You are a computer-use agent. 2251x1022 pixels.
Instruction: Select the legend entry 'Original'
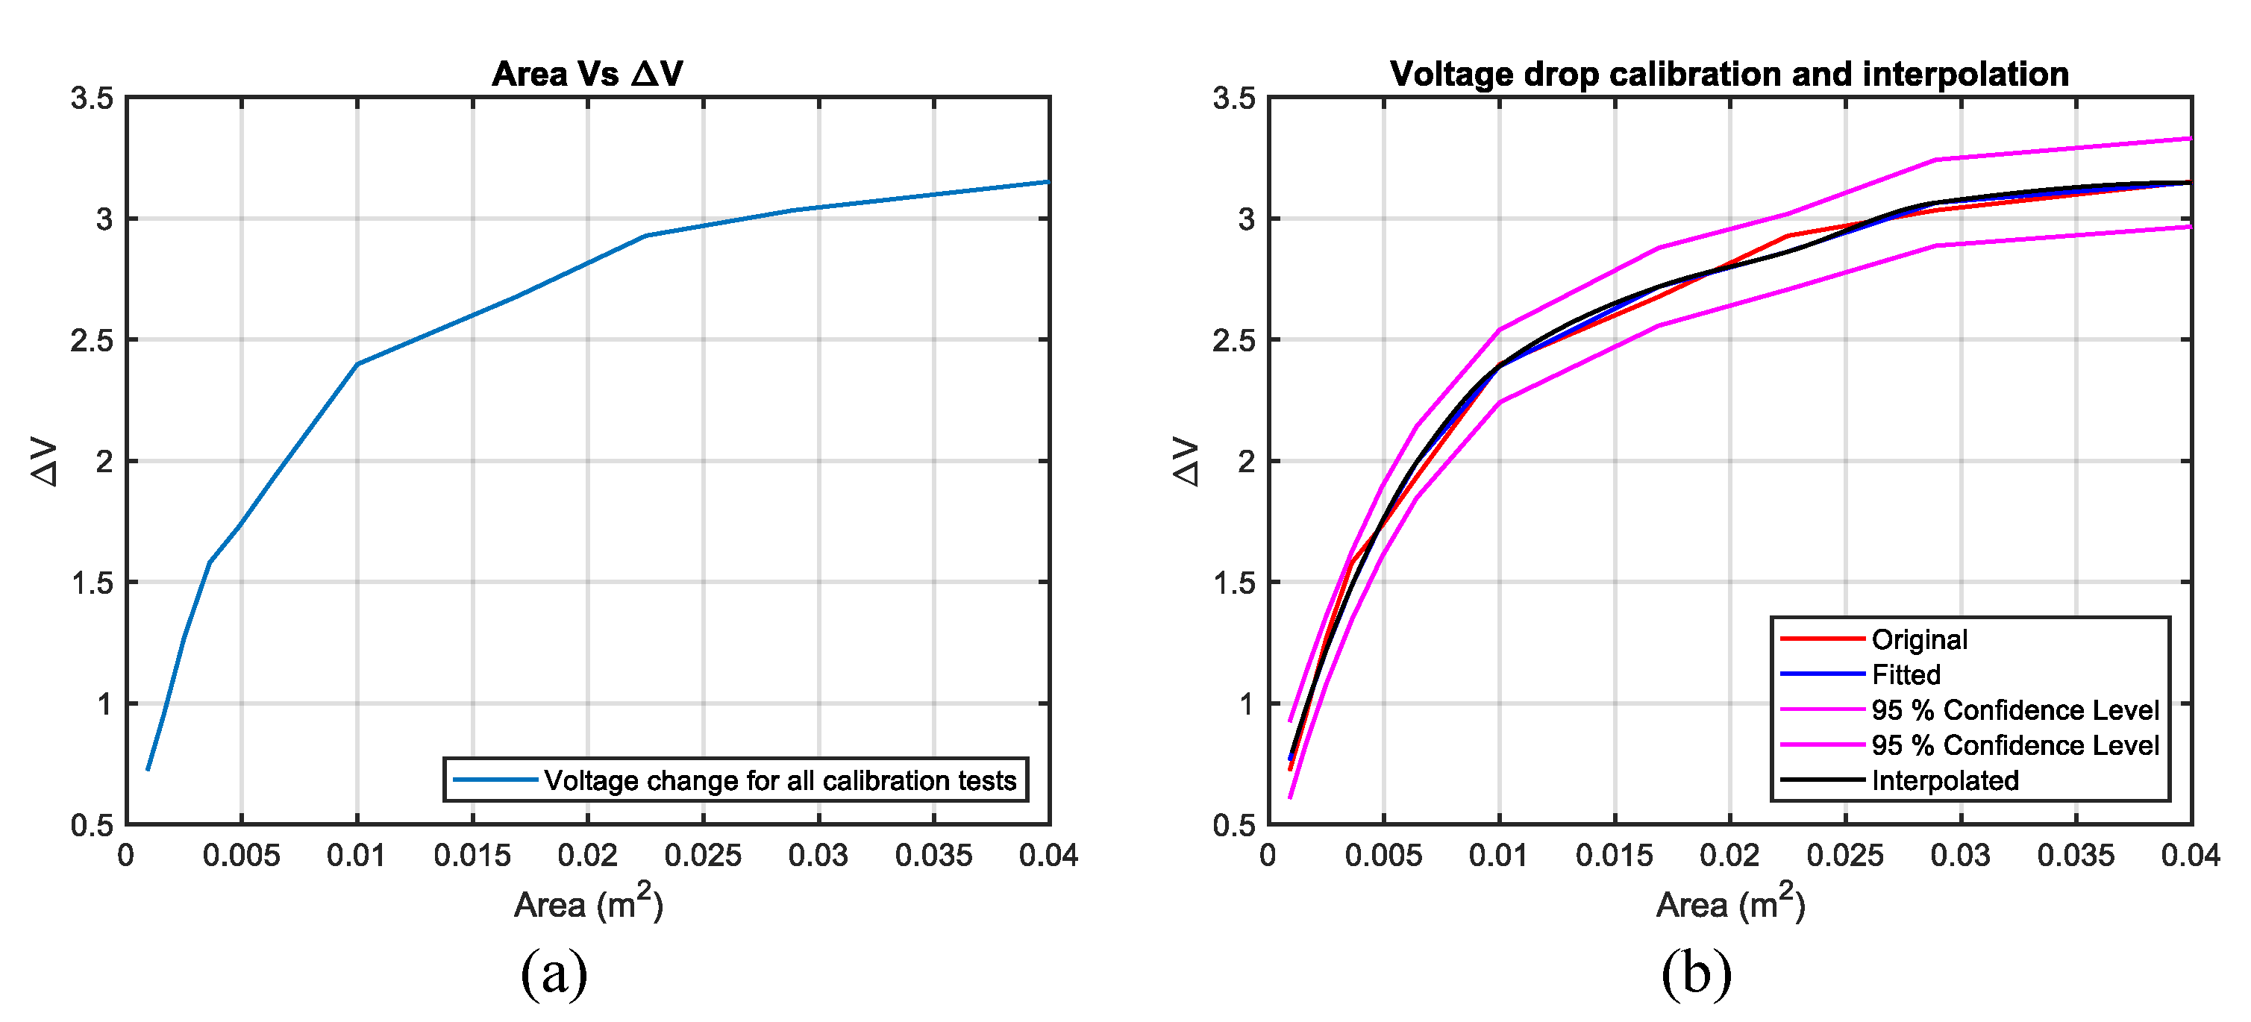1919,639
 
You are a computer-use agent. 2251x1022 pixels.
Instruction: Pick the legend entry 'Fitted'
1905,674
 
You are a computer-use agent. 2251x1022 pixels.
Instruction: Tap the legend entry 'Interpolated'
1944,780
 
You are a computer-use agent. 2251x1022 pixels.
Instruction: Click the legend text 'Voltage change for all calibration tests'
780,780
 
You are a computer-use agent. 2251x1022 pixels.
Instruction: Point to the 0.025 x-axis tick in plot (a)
703,855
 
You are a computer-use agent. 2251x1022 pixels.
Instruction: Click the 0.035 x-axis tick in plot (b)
2076,855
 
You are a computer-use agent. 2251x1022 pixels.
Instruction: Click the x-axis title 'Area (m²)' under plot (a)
588,903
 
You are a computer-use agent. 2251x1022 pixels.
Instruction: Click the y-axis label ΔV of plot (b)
1186,461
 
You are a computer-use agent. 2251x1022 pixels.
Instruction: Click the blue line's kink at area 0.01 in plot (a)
357,364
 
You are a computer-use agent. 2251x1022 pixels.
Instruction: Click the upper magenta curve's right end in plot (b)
2189,138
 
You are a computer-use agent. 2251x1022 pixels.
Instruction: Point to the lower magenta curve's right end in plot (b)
2189,227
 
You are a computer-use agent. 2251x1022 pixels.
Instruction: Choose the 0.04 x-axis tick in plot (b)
2190,855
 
